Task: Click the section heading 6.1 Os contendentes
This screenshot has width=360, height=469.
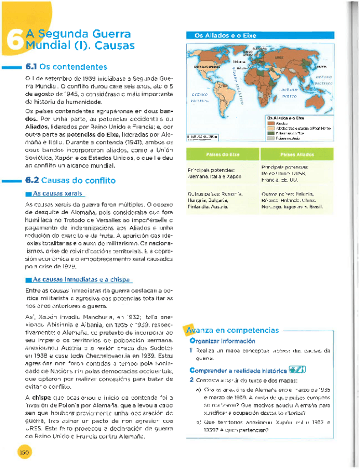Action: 66,66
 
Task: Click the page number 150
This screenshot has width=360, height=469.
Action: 24,451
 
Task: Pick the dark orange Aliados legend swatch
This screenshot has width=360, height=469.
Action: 272,123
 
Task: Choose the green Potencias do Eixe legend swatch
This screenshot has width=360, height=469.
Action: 272,133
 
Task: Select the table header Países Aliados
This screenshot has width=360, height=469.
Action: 295,154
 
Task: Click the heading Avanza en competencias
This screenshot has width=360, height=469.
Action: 232,330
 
